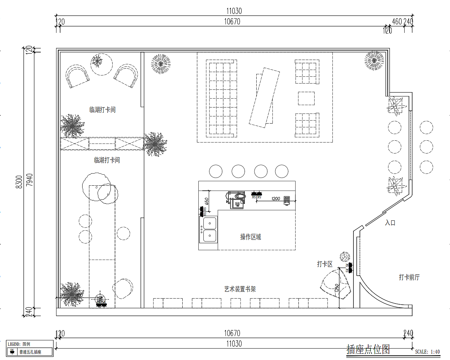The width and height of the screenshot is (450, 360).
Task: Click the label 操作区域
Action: (251, 237)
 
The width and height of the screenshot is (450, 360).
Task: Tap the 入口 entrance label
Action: (390, 223)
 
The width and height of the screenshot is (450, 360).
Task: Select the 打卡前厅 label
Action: (409, 277)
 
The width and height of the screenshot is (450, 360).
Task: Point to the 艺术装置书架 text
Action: (240, 289)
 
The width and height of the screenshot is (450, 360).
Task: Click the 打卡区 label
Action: (325, 264)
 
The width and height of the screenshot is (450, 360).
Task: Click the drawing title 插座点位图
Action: (368, 349)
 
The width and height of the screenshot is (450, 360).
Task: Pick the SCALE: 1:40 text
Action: (427, 352)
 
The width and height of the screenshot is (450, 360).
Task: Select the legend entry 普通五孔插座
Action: (30, 352)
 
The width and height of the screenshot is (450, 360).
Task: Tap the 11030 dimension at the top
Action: (234, 11)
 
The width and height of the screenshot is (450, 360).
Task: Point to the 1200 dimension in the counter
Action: (276, 199)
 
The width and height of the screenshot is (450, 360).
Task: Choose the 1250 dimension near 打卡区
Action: (337, 288)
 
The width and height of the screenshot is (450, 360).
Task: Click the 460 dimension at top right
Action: (397, 21)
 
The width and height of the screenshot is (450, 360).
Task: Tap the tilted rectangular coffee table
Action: (264, 97)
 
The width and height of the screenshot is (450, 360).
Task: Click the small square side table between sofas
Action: (306, 98)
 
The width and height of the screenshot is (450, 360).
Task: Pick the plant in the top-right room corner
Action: (374, 60)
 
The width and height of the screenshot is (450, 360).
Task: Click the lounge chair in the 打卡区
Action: (335, 285)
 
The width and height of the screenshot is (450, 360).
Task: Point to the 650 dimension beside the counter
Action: (207, 202)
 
